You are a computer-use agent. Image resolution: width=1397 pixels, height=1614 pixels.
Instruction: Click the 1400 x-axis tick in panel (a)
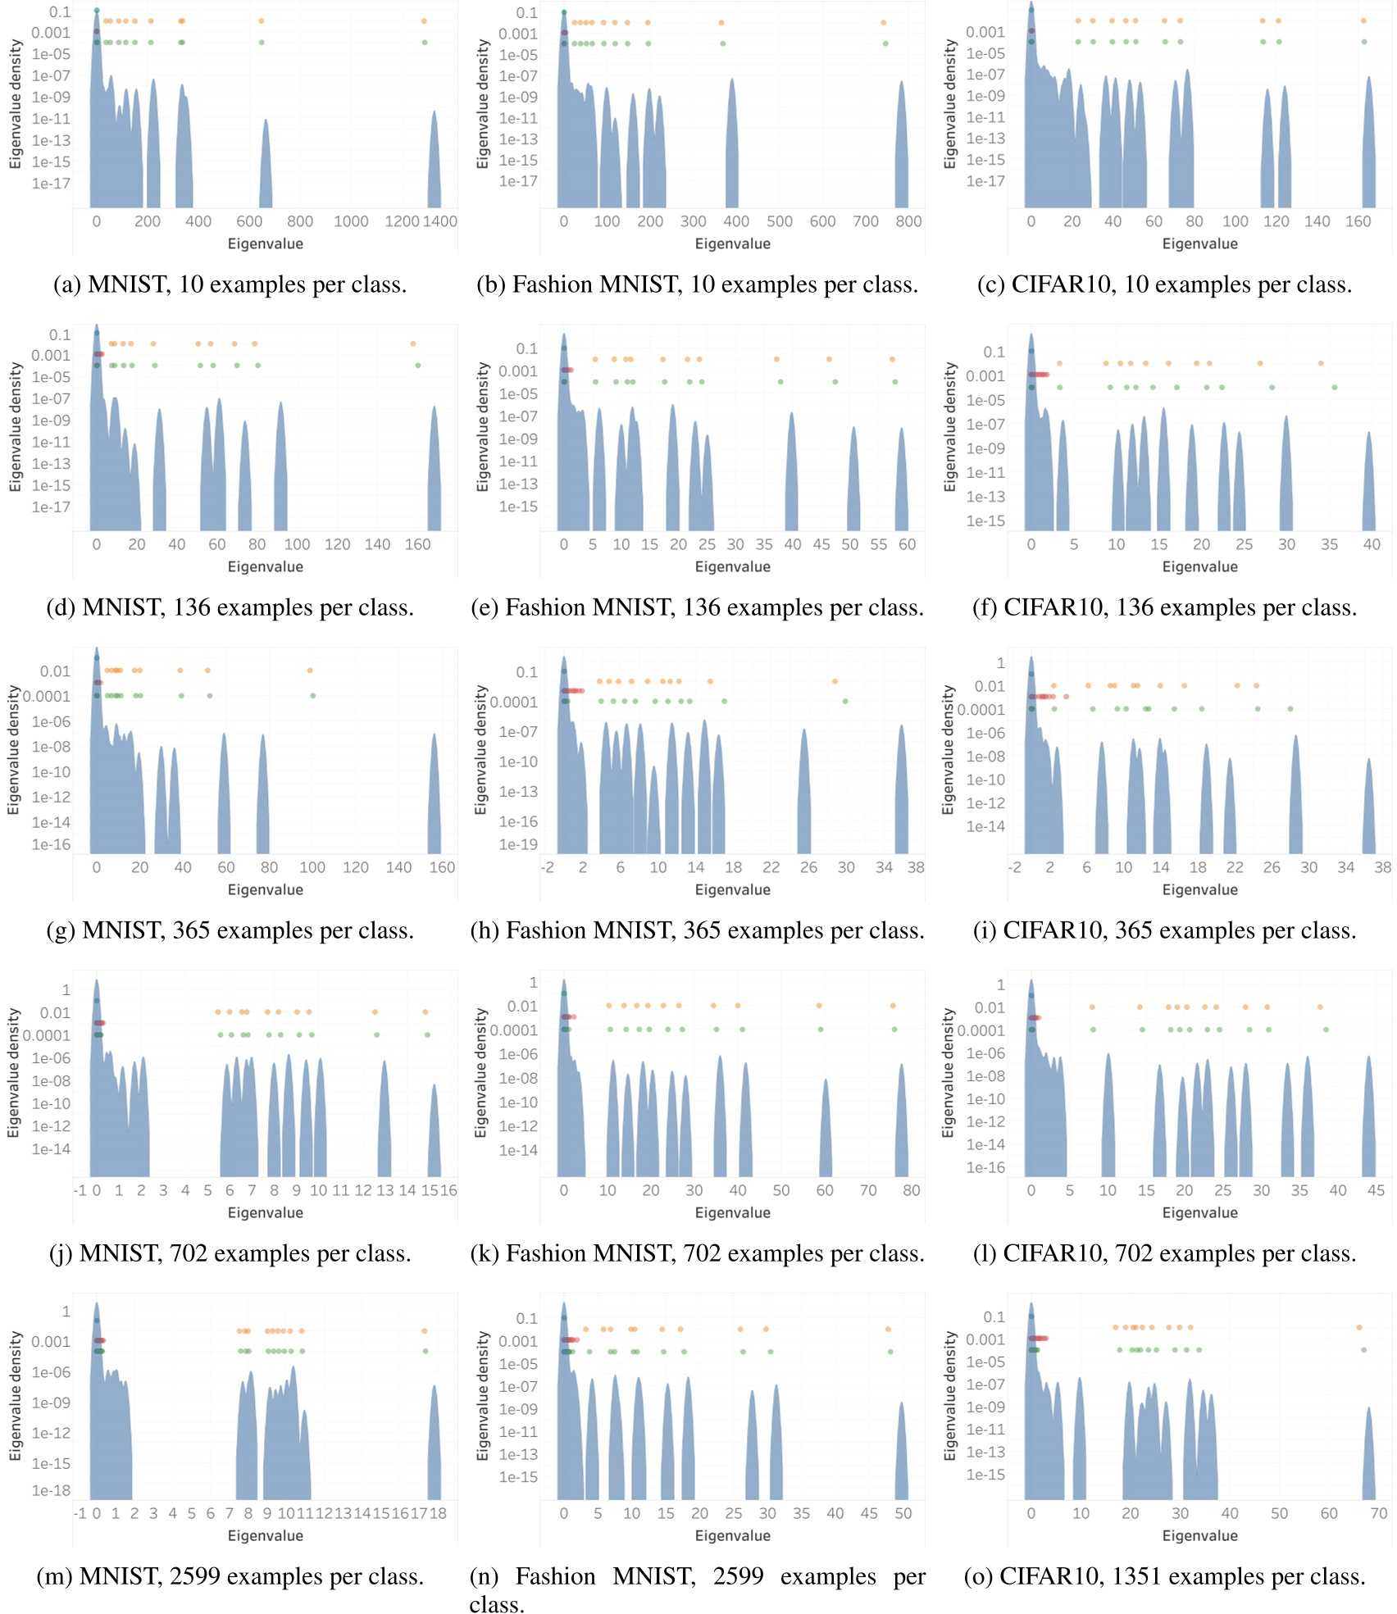pyautogui.click(x=439, y=221)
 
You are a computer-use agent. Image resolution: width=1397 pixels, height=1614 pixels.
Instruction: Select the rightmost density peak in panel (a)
pyautogui.click(x=434, y=160)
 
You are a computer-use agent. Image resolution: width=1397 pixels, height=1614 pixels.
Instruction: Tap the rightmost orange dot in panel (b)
pyautogui.click(x=884, y=23)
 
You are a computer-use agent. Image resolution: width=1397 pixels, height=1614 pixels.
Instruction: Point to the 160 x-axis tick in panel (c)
pyautogui.click(x=1358, y=221)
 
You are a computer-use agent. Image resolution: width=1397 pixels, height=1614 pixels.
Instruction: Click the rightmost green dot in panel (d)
pyautogui.click(x=417, y=365)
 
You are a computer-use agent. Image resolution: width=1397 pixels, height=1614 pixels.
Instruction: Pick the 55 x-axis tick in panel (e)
pyautogui.click(x=878, y=544)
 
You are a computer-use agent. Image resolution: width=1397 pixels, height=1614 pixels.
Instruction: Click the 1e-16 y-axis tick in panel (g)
pyautogui.click(x=51, y=845)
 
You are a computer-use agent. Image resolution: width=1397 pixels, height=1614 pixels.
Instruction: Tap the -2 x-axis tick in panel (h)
pyautogui.click(x=547, y=867)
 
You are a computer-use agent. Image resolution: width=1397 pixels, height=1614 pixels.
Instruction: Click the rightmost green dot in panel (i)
pyautogui.click(x=1290, y=708)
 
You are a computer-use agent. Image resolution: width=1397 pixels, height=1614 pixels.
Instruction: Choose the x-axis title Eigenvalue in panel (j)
pyautogui.click(x=265, y=1212)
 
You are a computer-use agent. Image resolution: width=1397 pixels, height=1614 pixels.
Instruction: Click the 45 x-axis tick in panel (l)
pyautogui.click(x=1376, y=1190)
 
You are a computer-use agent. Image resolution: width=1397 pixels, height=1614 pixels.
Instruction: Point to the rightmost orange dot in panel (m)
pyautogui.click(x=424, y=1330)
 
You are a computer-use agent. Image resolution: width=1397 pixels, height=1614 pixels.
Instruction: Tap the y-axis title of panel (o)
pyautogui.click(x=949, y=1395)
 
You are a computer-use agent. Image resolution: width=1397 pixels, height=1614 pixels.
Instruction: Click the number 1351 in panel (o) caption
pyautogui.click(x=1137, y=1576)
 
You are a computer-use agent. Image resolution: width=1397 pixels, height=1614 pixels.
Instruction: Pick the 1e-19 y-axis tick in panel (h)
pyautogui.click(x=518, y=845)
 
